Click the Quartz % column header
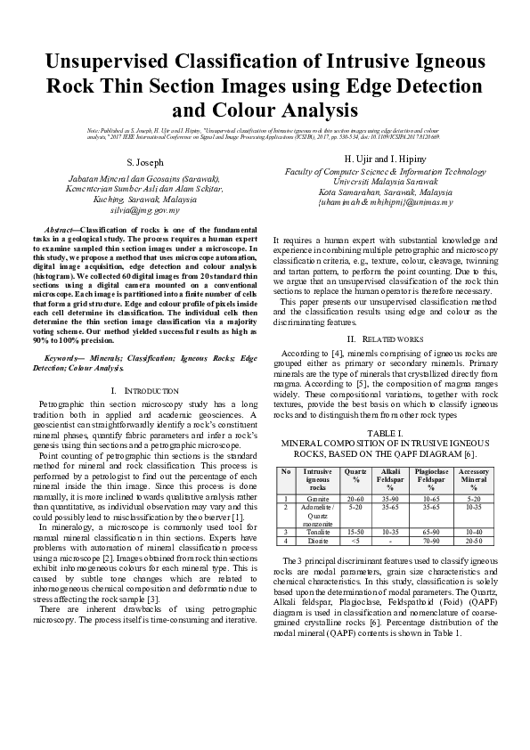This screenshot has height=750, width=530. click(355, 475)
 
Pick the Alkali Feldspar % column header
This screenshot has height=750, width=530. click(390, 479)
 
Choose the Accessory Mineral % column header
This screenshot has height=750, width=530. click(473, 479)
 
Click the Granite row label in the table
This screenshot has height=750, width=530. click(317, 499)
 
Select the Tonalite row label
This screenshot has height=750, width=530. click(317, 531)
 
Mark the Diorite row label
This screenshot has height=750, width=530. click(317, 540)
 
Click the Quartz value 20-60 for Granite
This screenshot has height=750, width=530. click(355, 499)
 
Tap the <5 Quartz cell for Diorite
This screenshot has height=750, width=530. click(355, 540)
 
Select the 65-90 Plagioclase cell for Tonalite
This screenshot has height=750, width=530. click(430, 531)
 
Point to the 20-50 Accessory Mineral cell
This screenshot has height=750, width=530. click(473, 540)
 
